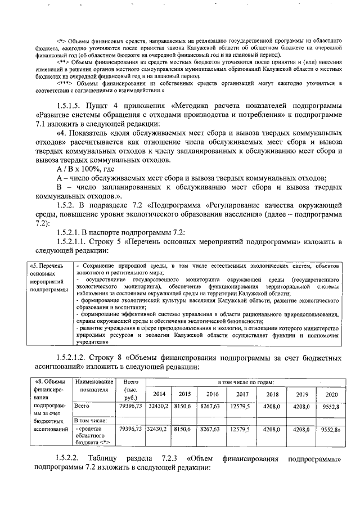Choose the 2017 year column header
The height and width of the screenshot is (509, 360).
[x=242, y=394]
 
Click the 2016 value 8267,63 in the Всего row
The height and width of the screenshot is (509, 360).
[x=212, y=406]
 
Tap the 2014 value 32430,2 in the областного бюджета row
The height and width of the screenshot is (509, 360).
[x=157, y=429]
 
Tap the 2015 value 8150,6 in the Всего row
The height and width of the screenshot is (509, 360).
[x=183, y=406]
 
